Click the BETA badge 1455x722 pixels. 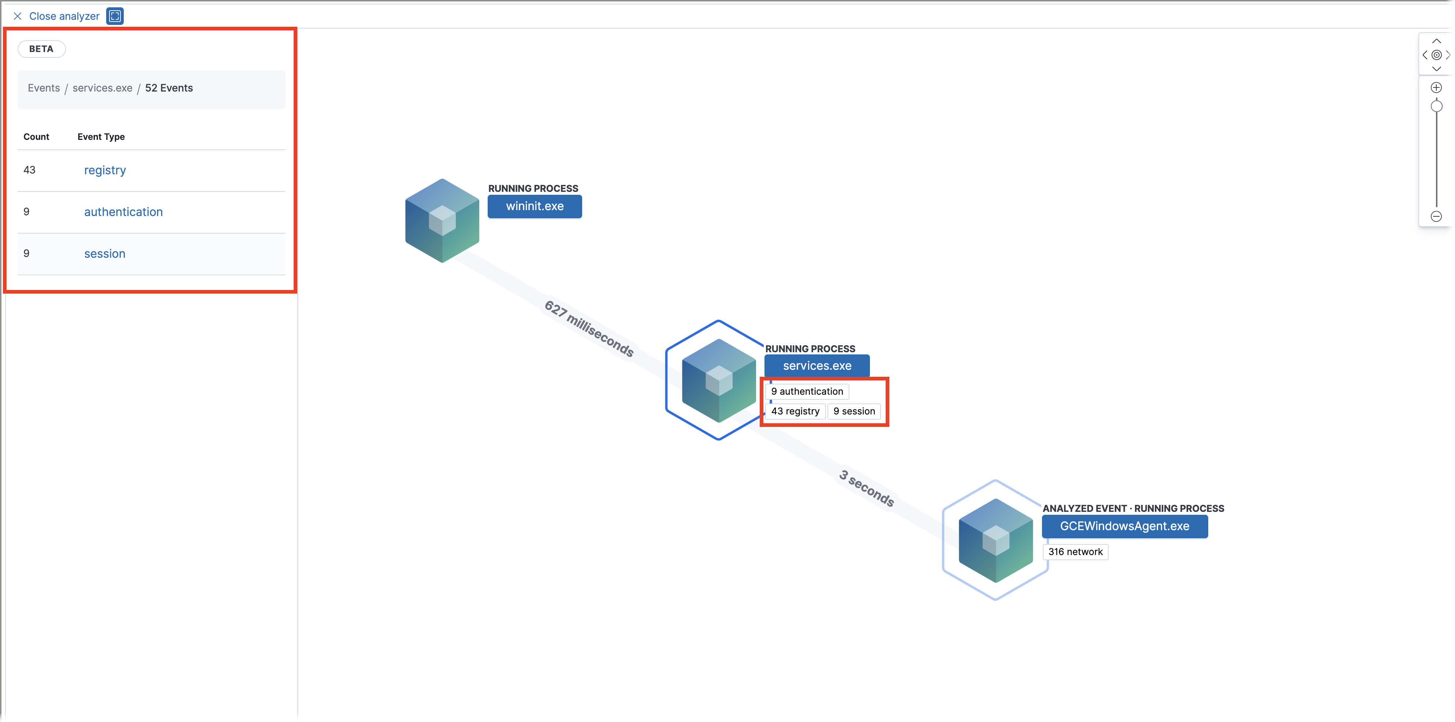coord(41,49)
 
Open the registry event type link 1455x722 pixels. coord(105,170)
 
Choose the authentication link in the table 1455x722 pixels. coord(123,212)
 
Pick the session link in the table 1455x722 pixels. coord(104,254)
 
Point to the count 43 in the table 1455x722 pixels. coord(29,170)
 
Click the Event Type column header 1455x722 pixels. coord(101,137)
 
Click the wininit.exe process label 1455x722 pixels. coord(534,206)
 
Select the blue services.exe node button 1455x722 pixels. coord(817,365)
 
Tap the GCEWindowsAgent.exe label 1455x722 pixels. coord(1124,526)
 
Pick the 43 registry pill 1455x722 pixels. coord(795,411)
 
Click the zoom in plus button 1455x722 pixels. coord(1436,88)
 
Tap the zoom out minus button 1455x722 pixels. coord(1436,216)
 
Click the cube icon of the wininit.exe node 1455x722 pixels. coord(442,220)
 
